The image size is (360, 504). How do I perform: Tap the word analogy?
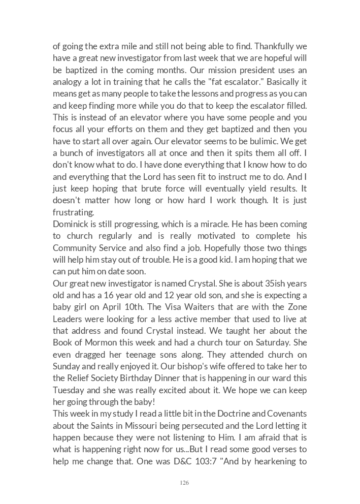click(x=69, y=82)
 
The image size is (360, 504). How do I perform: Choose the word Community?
click(x=77, y=247)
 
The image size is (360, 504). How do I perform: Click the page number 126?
click(x=184, y=483)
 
